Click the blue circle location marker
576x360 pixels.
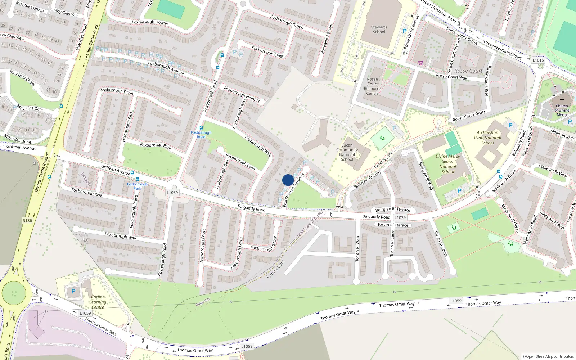point(288,180)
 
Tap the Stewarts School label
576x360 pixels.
point(379,30)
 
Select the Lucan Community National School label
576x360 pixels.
point(347,152)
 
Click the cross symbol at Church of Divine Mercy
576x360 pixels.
point(562,100)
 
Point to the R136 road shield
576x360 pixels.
point(27,221)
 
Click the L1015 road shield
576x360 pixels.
point(538,60)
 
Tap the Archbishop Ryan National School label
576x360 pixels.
point(487,138)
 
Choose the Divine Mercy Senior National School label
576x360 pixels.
point(448,164)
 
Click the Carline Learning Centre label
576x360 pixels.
point(98,302)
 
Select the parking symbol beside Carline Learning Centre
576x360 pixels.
point(73,291)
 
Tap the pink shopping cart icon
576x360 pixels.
point(420,63)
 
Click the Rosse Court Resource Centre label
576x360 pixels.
point(372,86)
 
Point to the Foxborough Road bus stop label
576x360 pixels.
point(201,134)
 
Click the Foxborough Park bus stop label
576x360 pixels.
point(137,186)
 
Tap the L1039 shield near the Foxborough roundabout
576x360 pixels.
point(172,193)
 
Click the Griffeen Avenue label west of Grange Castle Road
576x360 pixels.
point(21,147)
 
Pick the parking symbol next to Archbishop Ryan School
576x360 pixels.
point(510,126)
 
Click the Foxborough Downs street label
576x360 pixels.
point(150,22)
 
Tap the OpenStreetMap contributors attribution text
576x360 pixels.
point(548,357)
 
